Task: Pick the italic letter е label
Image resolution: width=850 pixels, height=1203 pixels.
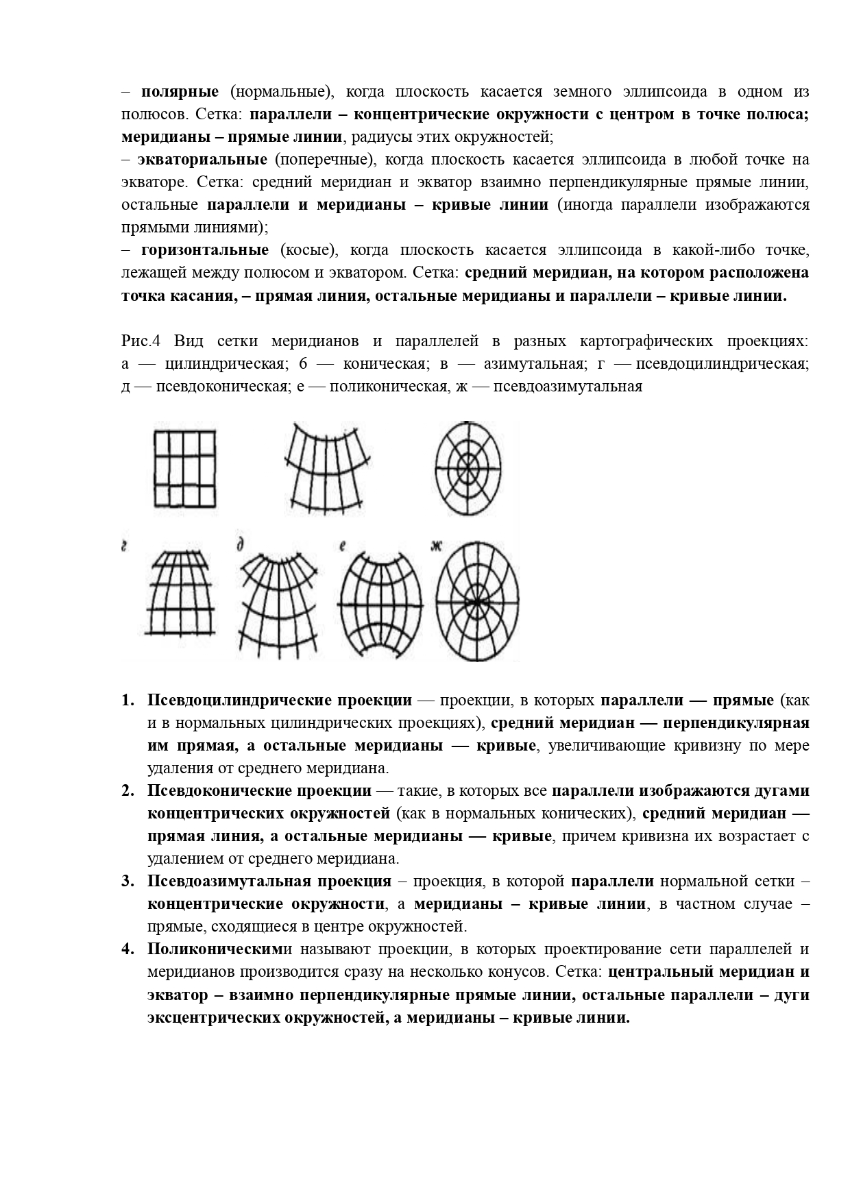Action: click(341, 546)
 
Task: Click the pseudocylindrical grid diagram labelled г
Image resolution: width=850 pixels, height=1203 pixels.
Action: click(181, 594)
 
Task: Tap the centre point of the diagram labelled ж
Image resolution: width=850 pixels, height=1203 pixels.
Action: click(476, 601)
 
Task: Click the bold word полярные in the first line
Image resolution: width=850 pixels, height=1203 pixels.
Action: click(180, 92)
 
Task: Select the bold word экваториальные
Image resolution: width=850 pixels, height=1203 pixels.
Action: click(202, 160)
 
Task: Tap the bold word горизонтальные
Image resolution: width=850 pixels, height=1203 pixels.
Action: click(205, 250)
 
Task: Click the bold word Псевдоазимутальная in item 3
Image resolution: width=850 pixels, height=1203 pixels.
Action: click(269, 882)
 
